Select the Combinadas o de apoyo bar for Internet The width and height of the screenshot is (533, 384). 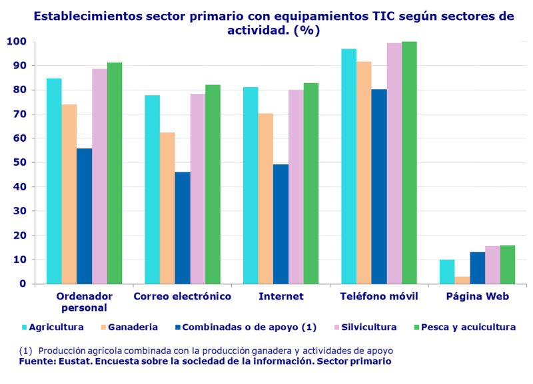pyautogui.click(x=280, y=224)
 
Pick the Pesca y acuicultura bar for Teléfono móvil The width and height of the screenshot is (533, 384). pyautogui.click(x=409, y=162)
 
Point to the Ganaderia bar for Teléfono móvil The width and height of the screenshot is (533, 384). pyautogui.click(x=364, y=172)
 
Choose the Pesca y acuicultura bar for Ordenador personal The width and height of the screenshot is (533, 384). pyautogui.click(x=115, y=173)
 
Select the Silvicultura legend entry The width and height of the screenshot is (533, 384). pyautogui.click(x=368, y=327)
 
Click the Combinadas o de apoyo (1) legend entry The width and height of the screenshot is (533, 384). pyautogui.click(x=249, y=327)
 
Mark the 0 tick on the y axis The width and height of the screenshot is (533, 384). pyautogui.click(x=23, y=284)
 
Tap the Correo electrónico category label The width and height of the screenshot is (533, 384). pyautogui.click(x=183, y=296)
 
